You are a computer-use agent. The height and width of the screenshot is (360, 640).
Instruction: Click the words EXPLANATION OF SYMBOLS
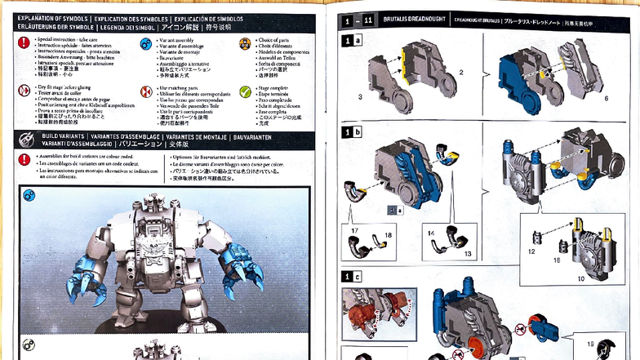[x=58, y=17]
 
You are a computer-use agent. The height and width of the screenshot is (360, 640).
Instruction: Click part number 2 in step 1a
[x=461, y=73]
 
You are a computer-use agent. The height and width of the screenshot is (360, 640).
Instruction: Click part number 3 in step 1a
[x=360, y=96]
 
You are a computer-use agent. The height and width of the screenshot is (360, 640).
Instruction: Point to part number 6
[x=607, y=98]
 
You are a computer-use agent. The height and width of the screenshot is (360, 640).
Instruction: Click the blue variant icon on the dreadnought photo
[x=29, y=195]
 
